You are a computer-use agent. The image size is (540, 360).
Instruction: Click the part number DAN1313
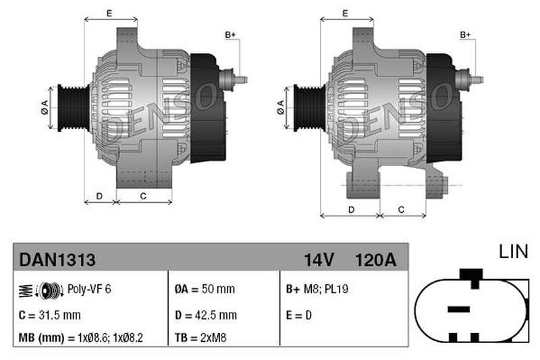click(57, 259)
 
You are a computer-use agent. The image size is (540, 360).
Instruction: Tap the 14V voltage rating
click(319, 260)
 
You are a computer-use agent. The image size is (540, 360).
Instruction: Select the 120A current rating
click(375, 260)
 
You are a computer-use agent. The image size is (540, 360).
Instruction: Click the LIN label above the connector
click(513, 251)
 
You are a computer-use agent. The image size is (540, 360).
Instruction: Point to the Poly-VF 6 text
click(89, 288)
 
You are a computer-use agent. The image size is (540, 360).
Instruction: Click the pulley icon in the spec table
click(41, 290)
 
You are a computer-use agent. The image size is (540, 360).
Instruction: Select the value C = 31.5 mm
click(49, 315)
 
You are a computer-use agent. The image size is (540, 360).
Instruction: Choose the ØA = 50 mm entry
click(205, 288)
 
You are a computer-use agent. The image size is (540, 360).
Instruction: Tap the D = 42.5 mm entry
click(206, 315)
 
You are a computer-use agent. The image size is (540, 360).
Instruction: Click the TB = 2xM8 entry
click(200, 338)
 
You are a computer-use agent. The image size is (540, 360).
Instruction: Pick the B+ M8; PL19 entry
click(317, 288)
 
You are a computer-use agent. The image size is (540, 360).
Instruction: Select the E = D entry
click(298, 315)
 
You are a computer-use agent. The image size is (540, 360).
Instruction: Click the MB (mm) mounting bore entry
click(80, 338)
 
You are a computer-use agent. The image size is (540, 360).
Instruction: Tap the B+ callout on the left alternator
click(230, 35)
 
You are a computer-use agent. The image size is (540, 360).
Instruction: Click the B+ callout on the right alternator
click(465, 35)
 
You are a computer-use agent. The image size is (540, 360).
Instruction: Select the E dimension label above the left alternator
click(109, 14)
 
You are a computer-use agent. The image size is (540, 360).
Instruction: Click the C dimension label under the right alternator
click(401, 209)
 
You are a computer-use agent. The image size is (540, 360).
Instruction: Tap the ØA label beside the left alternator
click(45, 107)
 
